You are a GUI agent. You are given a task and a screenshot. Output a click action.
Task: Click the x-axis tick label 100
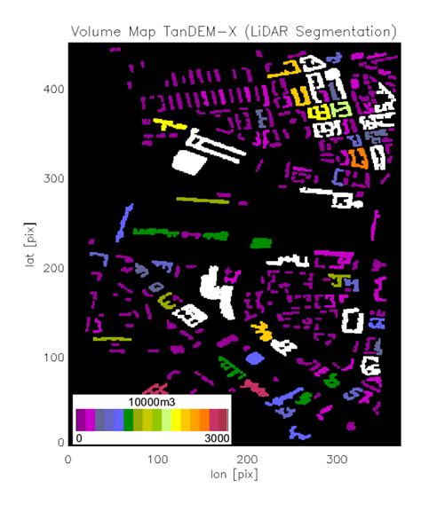click(158, 460)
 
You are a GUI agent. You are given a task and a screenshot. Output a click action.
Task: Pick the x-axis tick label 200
click(248, 460)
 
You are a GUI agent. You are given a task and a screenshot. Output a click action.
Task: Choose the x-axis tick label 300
click(338, 460)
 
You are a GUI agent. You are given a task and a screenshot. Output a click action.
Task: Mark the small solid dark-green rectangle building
click(260, 242)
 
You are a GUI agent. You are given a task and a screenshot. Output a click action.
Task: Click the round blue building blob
click(255, 358)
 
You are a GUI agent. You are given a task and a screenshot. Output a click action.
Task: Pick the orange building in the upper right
click(358, 159)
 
